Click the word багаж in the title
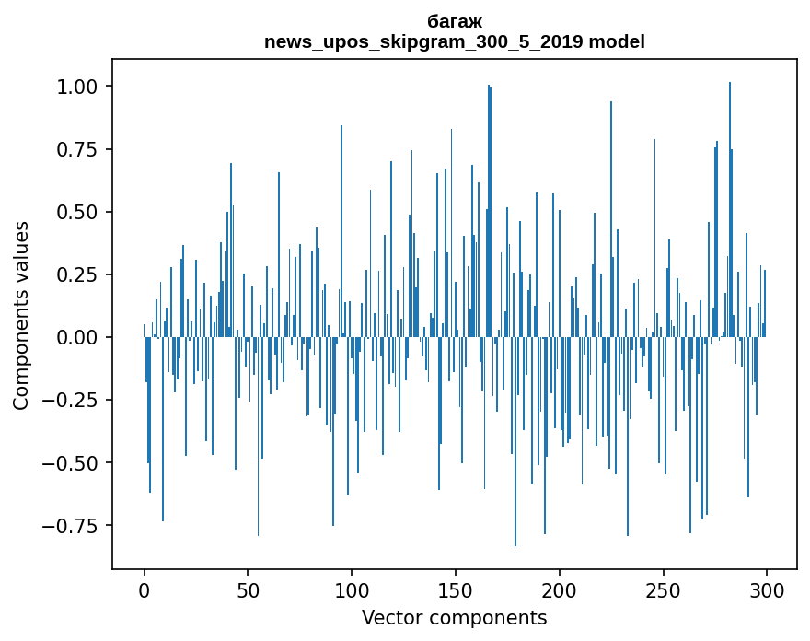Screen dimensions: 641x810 (x=455, y=21)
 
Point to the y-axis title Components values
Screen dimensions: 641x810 (x=21, y=315)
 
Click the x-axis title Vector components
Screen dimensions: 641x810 (x=455, y=618)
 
